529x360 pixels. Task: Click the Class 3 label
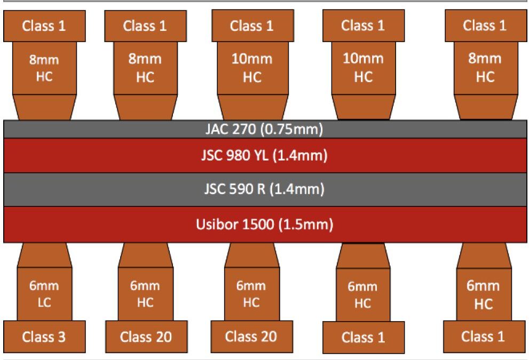(x=44, y=337)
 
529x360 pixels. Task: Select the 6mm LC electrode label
(x=44, y=294)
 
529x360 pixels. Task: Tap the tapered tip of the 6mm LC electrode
(x=44, y=255)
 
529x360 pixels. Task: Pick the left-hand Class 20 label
(x=146, y=337)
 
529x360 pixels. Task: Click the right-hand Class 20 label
(x=251, y=337)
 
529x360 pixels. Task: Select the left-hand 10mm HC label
(x=252, y=68)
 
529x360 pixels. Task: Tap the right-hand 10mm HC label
(x=363, y=67)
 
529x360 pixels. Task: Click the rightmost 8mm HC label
(x=485, y=67)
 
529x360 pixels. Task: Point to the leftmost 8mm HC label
(x=44, y=68)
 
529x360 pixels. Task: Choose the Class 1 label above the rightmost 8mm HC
(x=485, y=26)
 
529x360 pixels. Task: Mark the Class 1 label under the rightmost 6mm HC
(x=484, y=337)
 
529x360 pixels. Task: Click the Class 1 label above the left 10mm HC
(x=252, y=26)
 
